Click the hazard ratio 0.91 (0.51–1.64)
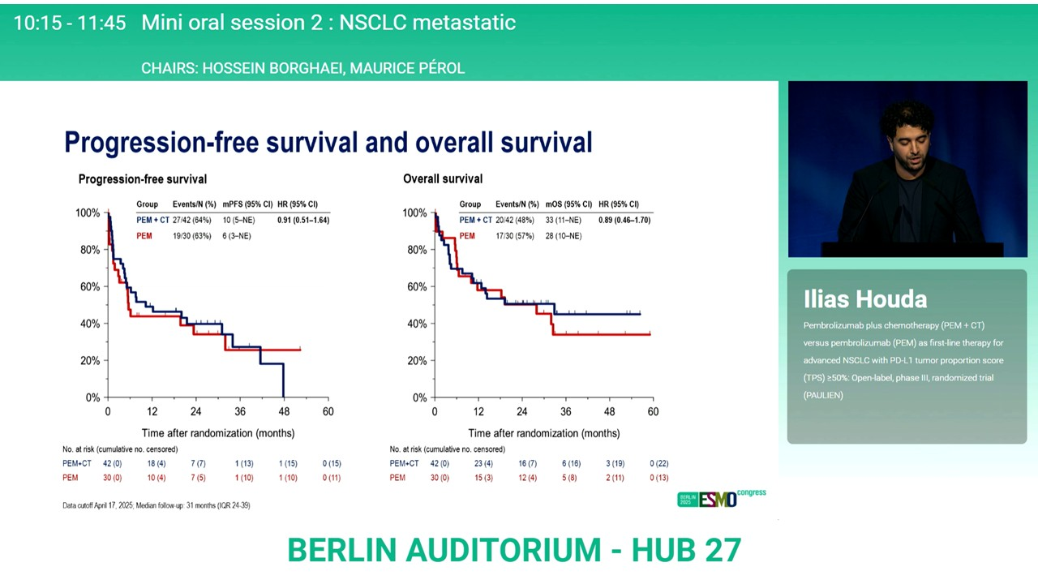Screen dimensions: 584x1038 click(302, 220)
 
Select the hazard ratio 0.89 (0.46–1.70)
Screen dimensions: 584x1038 click(624, 220)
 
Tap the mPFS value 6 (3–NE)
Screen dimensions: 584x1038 click(237, 236)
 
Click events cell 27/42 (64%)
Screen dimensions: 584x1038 click(191, 220)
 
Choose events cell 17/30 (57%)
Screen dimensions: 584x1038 click(515, 236)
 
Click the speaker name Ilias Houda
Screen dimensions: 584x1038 click(864, 299)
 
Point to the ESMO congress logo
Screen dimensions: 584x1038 click(721, 499)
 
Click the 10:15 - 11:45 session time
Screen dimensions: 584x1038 click(70, 23)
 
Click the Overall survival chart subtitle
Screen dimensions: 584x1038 click(443, 178)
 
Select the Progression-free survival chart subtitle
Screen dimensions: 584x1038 click(143, 179)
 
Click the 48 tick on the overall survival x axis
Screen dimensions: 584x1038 click(610, 412)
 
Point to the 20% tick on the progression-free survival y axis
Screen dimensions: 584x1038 click(88, 361)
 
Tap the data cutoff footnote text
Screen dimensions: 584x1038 click(157, 505)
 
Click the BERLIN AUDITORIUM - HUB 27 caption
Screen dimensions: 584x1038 click(514, 550)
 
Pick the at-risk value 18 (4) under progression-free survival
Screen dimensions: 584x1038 click(157, 464)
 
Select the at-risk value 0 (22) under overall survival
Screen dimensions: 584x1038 click(658, 464)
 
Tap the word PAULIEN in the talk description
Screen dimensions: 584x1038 click(823, 395)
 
